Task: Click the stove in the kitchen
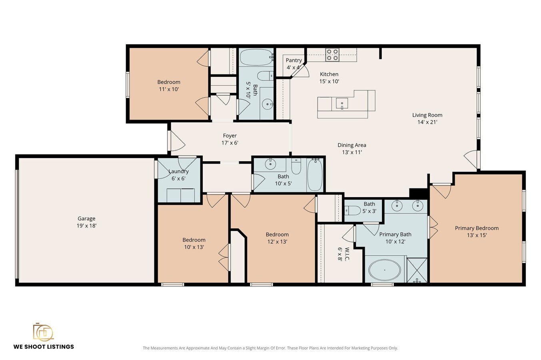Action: [x=332, y=54]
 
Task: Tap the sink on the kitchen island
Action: [x=342, y=103]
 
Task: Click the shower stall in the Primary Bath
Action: [x=417, y=270]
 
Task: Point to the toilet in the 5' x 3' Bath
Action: [x=352, y=210]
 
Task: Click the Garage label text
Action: [x=86, y=218]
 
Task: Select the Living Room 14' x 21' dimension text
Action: [x=427, y=122]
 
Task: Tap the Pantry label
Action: [x=293, y=60]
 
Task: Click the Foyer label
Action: [x=230, y=136]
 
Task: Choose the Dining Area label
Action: [x=351, y=145]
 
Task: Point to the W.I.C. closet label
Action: [x=347, y=254]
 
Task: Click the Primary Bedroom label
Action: [x=477, y=228]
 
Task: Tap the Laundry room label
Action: [x=178, y=171]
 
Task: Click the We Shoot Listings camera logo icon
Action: [x=43, y=332]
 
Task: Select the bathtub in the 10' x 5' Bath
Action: [x=315, y=175]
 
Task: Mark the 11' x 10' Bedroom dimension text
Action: [x=169, y=89]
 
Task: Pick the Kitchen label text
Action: [x=329, y=74]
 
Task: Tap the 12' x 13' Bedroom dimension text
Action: [x=277, y=242]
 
